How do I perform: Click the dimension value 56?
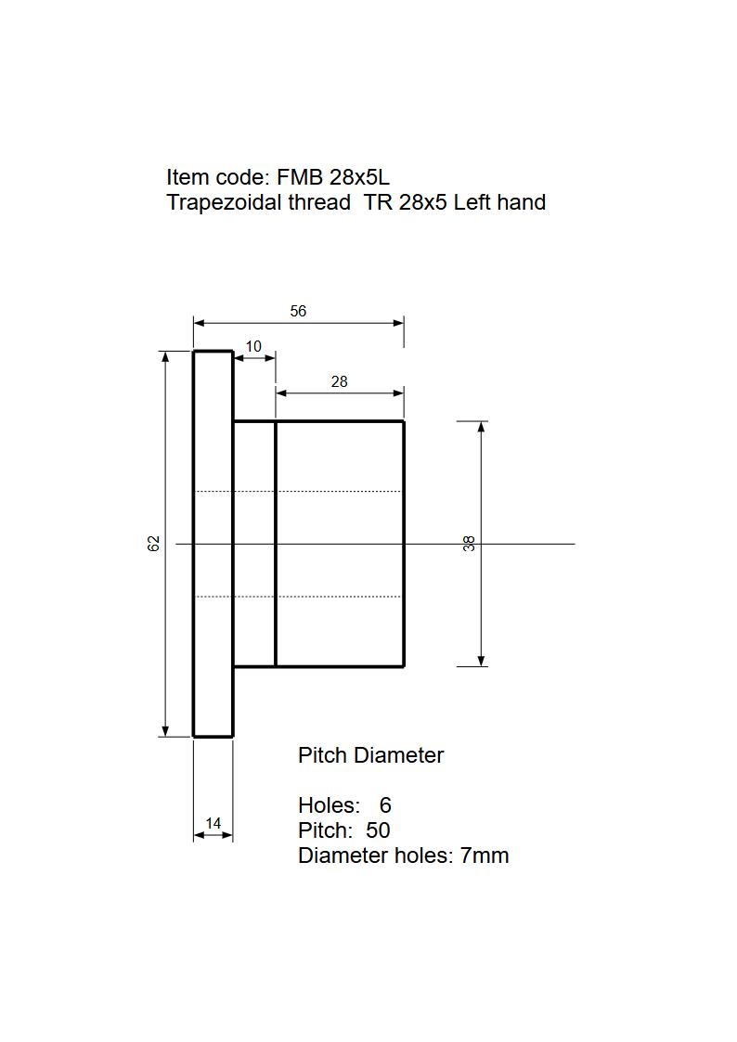(298, 312)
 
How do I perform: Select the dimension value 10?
(253, 347)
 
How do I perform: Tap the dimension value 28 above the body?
(340, 381)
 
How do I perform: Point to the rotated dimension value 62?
(154, 544)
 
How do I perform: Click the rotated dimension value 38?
(470, 544)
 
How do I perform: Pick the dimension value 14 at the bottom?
(213, 823)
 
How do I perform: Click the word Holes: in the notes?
(329, 805)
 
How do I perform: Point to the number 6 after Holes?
(385, 805)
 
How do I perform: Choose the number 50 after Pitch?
(379, 830)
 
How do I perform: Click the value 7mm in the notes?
(485, 855)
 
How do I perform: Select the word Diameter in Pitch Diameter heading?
(400, 755)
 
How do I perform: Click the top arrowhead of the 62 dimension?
(165, 356)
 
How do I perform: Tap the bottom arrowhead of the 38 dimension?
(482, 661)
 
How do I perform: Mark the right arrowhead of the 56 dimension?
(399, 323)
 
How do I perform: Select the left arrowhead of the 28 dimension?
(281, 393)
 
